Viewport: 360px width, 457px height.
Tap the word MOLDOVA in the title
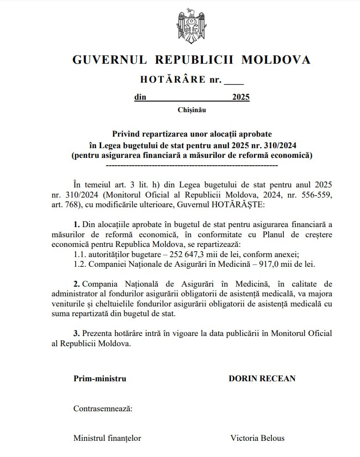[x=276, y=60]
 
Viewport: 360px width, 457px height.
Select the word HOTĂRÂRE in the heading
[x=173, y=79]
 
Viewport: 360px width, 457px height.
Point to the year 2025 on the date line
[x=241, y=97]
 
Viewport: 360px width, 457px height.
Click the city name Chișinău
[x=192, y=110]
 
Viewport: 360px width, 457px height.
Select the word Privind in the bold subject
[x=125, y=134]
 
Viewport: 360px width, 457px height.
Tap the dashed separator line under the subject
[x=192, y=164]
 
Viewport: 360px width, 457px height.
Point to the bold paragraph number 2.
[x=77, y=284]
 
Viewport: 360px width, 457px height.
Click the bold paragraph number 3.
[x=77, y=333]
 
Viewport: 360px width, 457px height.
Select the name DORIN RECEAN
[x=262, y=379]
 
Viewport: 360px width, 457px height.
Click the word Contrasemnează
[x=103, y=409]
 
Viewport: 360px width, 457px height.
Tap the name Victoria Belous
[x=258, y=438]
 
